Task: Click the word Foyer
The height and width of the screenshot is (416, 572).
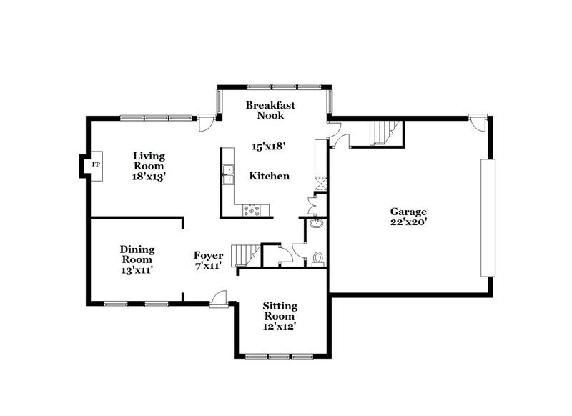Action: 209,255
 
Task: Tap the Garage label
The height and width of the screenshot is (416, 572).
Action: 408,212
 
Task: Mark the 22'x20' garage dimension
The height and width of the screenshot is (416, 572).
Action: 408,222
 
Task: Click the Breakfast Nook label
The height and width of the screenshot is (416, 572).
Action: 270,110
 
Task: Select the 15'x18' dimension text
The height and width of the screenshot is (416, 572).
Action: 269,147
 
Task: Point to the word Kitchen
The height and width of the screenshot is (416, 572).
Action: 269,176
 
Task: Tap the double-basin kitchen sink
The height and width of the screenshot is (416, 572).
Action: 229,175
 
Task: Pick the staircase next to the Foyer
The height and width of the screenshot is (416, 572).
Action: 247,253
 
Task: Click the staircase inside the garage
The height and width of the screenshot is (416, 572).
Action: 385,132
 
